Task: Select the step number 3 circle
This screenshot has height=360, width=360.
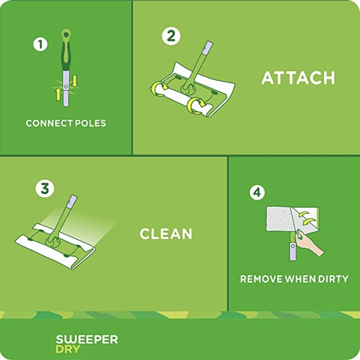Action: point(45,189)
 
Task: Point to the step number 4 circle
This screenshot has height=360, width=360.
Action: point(257,193)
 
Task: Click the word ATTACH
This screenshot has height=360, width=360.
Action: point(298,78)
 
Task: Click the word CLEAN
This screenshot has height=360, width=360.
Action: point(166,234)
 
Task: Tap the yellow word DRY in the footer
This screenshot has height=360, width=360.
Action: point(68,349)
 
